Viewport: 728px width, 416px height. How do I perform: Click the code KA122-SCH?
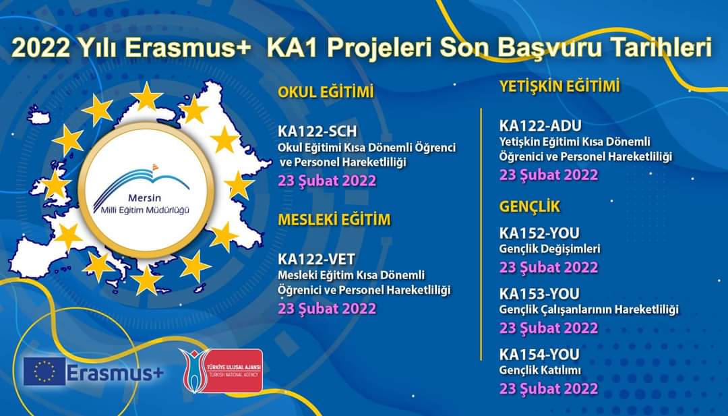317,131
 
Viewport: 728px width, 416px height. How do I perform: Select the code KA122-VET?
316,259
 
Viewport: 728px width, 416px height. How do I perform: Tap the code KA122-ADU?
541,125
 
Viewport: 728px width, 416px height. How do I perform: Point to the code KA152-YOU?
539,233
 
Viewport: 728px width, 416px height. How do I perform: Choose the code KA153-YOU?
539,293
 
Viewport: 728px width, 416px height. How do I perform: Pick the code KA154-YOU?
539,354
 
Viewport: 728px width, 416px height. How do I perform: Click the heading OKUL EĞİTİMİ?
326,92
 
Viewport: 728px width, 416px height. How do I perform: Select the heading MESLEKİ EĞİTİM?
334,220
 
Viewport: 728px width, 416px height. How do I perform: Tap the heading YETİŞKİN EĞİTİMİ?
559,86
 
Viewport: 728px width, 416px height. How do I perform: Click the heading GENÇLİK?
530,206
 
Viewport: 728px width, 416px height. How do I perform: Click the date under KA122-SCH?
327,181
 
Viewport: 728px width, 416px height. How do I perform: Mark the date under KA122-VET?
327,308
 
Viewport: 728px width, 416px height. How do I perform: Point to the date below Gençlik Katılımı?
549,388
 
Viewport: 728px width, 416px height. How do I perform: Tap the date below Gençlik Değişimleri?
549,267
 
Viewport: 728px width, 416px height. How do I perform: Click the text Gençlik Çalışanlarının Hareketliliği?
588,309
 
